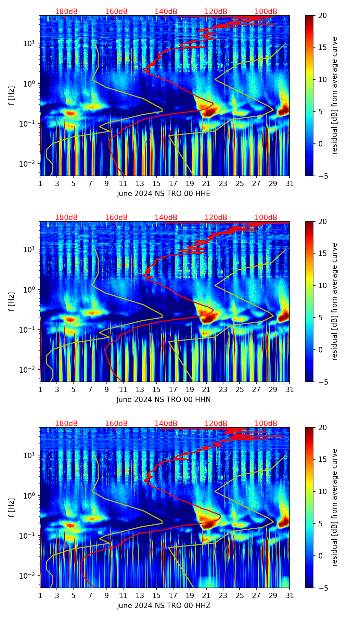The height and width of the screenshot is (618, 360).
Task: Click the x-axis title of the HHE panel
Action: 163,194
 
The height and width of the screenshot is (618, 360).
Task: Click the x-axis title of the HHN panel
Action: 163,400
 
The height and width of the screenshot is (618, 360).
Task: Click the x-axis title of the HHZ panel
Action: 163,606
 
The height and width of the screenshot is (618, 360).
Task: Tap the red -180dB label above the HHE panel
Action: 65,12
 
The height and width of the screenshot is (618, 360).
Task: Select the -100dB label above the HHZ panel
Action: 265,424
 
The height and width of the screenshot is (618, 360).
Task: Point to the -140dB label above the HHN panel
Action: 165,218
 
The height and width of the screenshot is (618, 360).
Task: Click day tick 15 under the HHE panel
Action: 156,184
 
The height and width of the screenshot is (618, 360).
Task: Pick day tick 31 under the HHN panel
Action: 290,390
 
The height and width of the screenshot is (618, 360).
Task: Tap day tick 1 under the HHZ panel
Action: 40,596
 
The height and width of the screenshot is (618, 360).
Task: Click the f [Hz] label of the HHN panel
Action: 12,301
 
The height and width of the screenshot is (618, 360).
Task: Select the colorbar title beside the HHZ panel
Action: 335,507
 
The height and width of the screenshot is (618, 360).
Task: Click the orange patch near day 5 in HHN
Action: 70,320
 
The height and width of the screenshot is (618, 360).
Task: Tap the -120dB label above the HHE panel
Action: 215,12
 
